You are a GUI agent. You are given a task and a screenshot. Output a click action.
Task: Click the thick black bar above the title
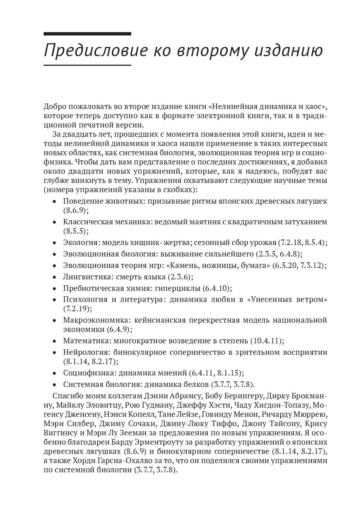tap(87, 34)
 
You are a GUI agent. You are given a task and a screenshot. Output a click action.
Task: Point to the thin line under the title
tap(87, 65)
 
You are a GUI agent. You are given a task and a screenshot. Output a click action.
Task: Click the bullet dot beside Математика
tap(55, 341)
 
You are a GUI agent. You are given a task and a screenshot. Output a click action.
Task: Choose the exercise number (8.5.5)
tap(76, 231)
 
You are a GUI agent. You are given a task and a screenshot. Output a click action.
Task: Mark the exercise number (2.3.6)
tap(180, 276)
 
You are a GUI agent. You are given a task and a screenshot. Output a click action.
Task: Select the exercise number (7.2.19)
tap(77, 308)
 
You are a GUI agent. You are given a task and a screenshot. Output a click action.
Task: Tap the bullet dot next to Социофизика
tap(55, 373)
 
